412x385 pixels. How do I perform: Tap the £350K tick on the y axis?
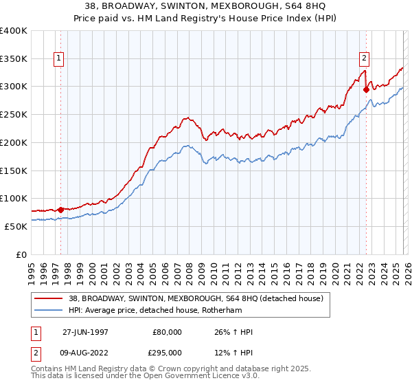(x=14, y=58)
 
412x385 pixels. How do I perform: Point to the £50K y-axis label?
(x=16, y=226)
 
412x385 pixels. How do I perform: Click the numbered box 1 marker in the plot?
(x=60, y=59)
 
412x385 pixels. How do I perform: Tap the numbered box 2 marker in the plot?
(x=364, y=59)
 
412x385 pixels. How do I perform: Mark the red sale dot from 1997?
(x=60, y=209)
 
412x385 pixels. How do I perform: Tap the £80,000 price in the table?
(x=167, y=332)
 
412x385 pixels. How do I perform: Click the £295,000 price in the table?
(x=167, y=352)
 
